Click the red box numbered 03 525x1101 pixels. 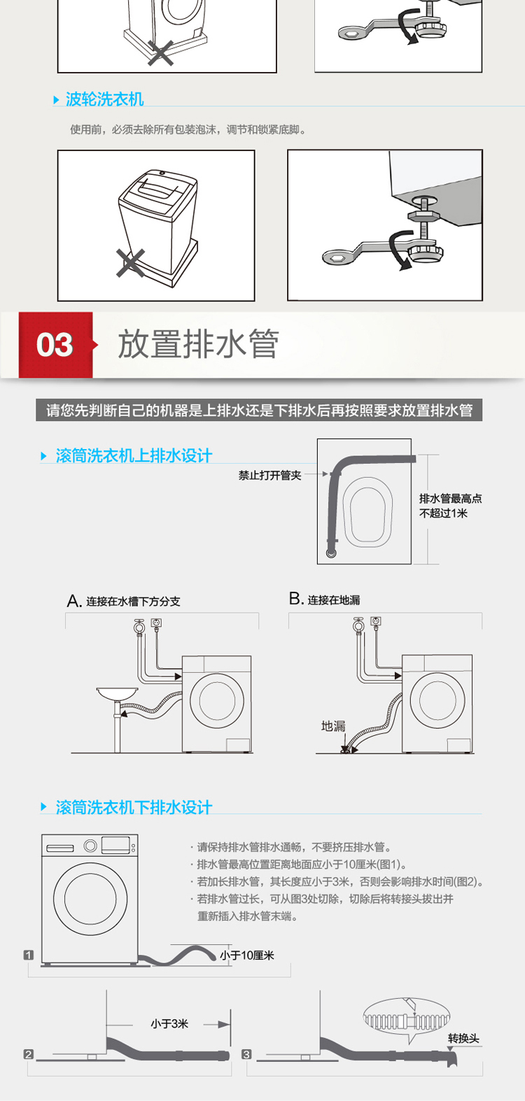tap(55, 345)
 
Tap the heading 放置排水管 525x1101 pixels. tap(198, 344)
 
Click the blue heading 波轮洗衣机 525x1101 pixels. tap(104, 99)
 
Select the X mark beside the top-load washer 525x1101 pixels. tap(130, 263)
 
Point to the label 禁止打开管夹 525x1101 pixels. tap(269, 475)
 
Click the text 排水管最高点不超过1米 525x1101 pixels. tap(450, 506)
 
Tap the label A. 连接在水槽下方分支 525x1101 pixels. tap(123, 601)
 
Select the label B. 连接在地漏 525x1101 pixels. tap(325, 599)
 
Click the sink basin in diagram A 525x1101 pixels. tap(117, 693)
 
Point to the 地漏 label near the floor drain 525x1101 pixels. tap(333, 726)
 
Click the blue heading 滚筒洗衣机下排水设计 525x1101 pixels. tap(133, 807)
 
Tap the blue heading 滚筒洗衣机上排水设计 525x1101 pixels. tap(133, 455)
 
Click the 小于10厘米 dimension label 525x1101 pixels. tap(247, 955)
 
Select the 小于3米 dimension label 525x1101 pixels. tap(169, 1023)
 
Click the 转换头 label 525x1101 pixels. tap(463, 1038)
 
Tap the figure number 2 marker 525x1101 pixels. tap(29, 1054)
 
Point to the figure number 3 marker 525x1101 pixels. tap(246, 1054)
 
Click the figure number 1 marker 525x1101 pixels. tap(29, 955)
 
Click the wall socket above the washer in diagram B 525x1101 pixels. tap(377, 620)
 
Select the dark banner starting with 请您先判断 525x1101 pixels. tap(259, 410)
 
